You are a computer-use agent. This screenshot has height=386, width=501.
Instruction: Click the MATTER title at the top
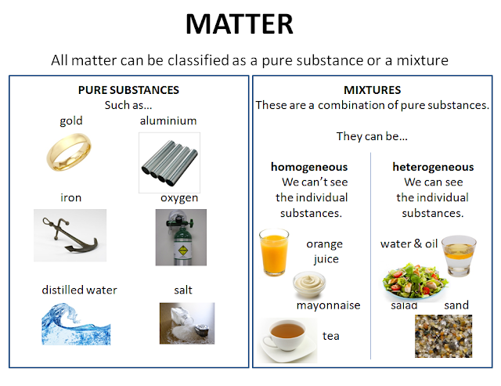point(240,24)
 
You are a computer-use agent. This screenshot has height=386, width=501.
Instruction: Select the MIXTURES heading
point(372,90)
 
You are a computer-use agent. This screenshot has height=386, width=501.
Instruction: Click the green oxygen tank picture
point(181,237)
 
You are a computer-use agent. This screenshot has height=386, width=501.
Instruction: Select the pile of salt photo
point(186,324)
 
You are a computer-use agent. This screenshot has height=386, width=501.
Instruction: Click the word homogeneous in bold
point(308,167)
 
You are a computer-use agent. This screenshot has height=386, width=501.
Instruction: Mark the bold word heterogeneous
point(433,167)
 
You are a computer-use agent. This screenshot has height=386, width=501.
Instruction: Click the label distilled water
point(79,290)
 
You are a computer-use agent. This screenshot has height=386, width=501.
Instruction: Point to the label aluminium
point(168,121)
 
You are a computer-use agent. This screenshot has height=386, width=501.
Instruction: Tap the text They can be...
point(372,135)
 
